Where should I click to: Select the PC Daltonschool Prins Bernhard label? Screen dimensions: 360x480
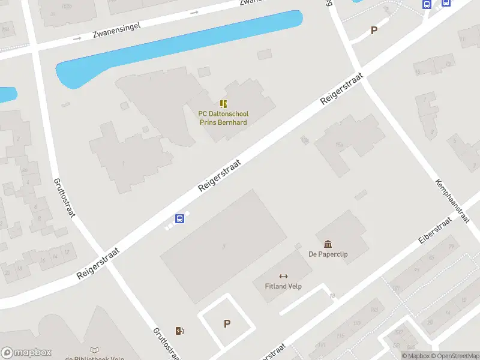223,118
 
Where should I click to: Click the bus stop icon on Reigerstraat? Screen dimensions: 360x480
179,218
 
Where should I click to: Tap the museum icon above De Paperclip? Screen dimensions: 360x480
328,244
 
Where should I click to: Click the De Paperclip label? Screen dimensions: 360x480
328,254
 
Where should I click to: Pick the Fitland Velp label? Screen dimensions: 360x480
283,286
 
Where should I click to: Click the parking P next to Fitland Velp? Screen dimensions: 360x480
227,323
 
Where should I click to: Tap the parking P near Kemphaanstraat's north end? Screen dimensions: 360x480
374,31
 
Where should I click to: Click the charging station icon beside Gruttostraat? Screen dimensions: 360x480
179,331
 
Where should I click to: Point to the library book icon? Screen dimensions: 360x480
94,350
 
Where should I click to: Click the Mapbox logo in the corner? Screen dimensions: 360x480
26,352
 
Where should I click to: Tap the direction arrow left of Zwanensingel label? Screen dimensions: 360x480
77,38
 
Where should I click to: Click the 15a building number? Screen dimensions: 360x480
340,145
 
